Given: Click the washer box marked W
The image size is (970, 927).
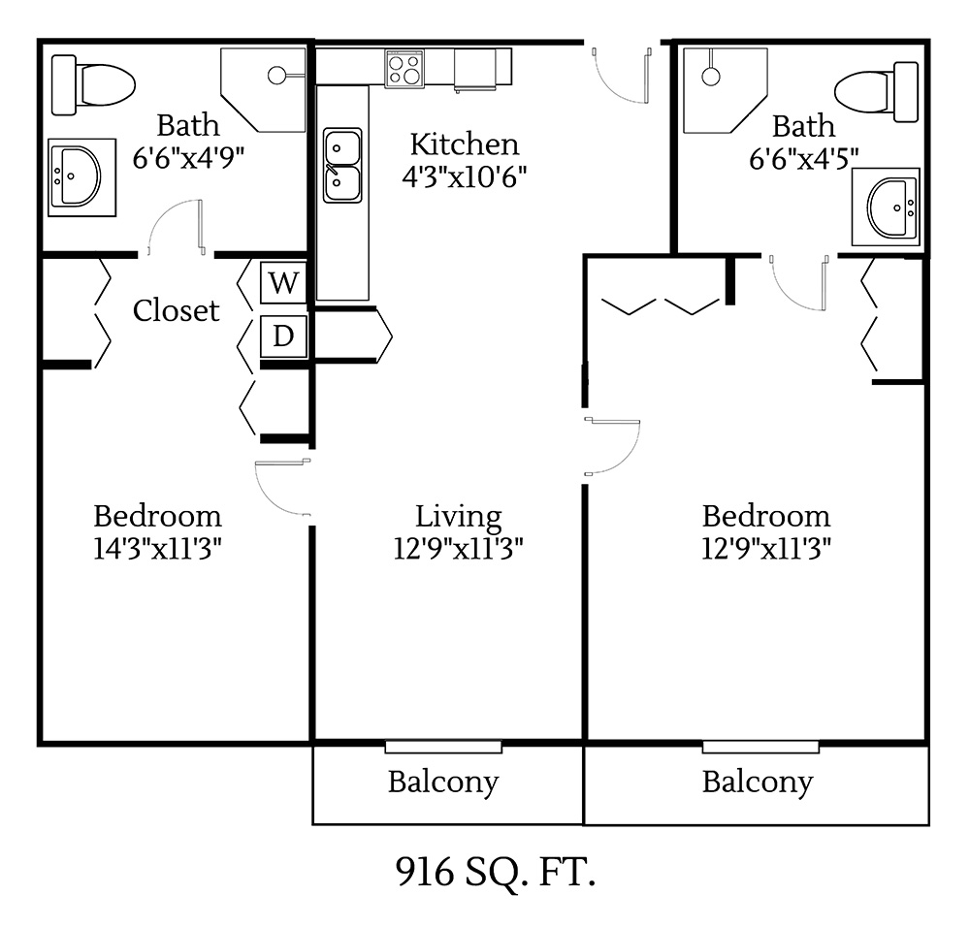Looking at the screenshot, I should point(283,283).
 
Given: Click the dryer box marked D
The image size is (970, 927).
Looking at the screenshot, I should point(283,336).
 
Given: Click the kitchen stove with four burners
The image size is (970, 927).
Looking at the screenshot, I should point(405,69).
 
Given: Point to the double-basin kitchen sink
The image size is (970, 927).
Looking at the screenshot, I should point(342,165).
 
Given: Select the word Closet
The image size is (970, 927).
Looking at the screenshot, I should point(176,310).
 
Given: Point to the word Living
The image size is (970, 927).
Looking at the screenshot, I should point(459,516).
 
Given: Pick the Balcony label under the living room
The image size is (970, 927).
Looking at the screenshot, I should point(443,781).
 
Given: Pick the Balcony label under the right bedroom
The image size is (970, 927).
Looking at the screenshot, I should point(757,781).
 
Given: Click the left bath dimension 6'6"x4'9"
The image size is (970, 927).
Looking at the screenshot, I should point(188,156).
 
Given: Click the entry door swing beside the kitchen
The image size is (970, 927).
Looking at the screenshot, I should point(621,73).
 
